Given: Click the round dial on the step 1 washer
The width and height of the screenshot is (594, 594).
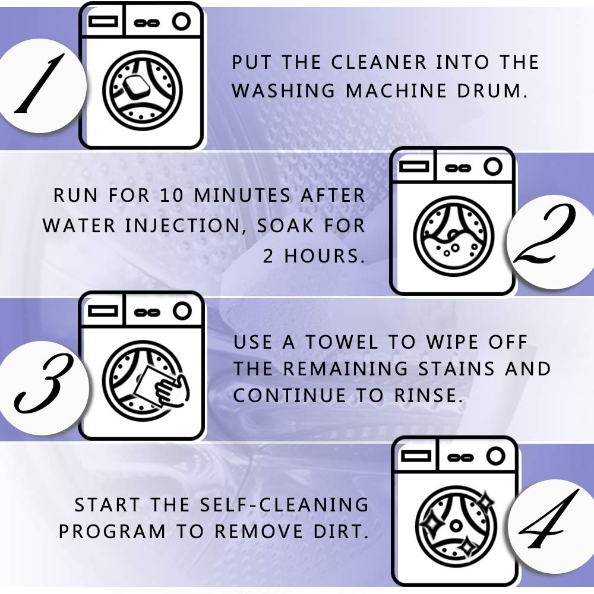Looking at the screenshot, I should [x=181, y=23].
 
